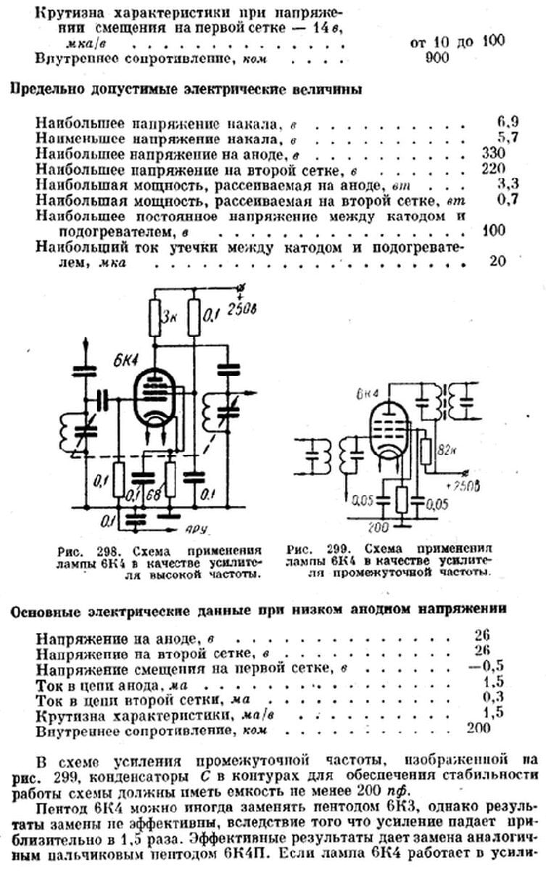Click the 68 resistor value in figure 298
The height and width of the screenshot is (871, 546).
[152, 496]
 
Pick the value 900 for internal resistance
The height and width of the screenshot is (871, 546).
[438, 59]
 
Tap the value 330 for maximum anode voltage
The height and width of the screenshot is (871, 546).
[491, 153]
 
